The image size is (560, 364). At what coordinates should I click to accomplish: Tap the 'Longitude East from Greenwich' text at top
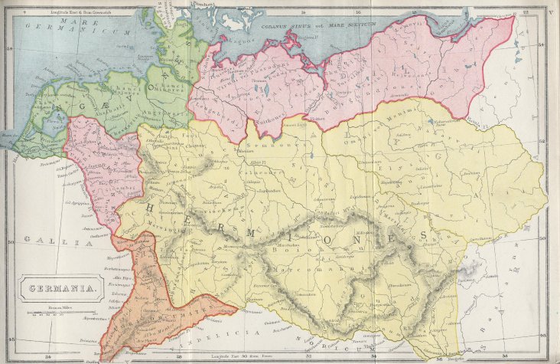77,9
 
